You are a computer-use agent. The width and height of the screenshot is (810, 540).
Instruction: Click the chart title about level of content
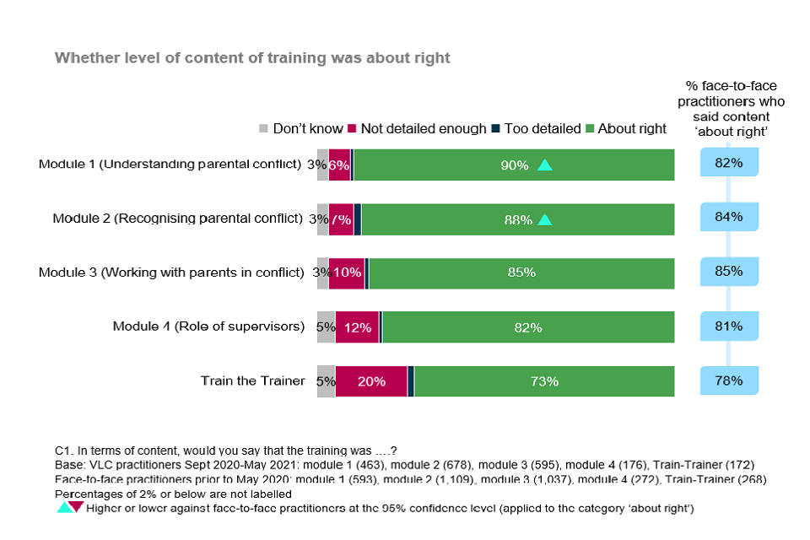(x=252, y=57)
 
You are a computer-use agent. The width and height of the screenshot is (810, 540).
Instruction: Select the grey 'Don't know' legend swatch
(x=263, y=129)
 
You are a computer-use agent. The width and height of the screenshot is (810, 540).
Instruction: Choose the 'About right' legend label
(x=632, y=129)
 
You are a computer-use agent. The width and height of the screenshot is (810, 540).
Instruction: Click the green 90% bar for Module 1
(x=514, y=165)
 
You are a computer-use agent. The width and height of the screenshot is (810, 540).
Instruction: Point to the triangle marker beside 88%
(x=545, y=219)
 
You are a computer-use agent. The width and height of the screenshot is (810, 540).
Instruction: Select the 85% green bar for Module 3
(x=521, y=273)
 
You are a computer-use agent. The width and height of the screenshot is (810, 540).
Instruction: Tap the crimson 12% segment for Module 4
(x=358, y=327)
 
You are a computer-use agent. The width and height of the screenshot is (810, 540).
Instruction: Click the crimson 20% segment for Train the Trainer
(x=371, y=381)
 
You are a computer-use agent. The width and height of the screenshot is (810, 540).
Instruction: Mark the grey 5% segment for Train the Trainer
(x=326, y=381)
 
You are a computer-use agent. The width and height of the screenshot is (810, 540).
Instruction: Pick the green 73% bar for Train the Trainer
(x=544, y=381)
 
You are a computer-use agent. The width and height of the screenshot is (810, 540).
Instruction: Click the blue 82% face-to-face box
(x=728, y=163)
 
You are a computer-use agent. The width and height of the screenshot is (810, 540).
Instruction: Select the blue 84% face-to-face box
(x=728, y=218)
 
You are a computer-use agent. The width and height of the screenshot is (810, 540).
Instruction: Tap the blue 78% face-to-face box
(x=728, y=381)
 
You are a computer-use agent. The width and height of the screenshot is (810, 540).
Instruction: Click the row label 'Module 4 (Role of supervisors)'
(x=208, y=327)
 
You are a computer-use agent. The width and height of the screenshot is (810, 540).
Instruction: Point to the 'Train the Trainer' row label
(x=252, y=381)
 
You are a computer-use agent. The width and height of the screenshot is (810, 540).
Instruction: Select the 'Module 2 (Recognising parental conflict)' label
(x=177, y=218)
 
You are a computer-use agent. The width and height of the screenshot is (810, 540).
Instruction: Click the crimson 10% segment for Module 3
(x=347, y=273)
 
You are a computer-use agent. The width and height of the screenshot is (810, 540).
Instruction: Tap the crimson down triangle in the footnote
(x=76, y=507)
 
